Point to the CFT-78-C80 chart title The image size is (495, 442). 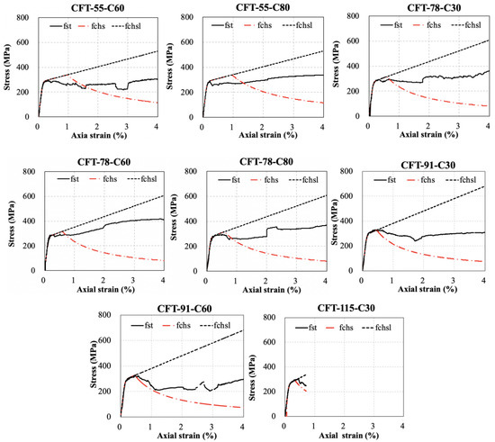click(254, 162)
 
